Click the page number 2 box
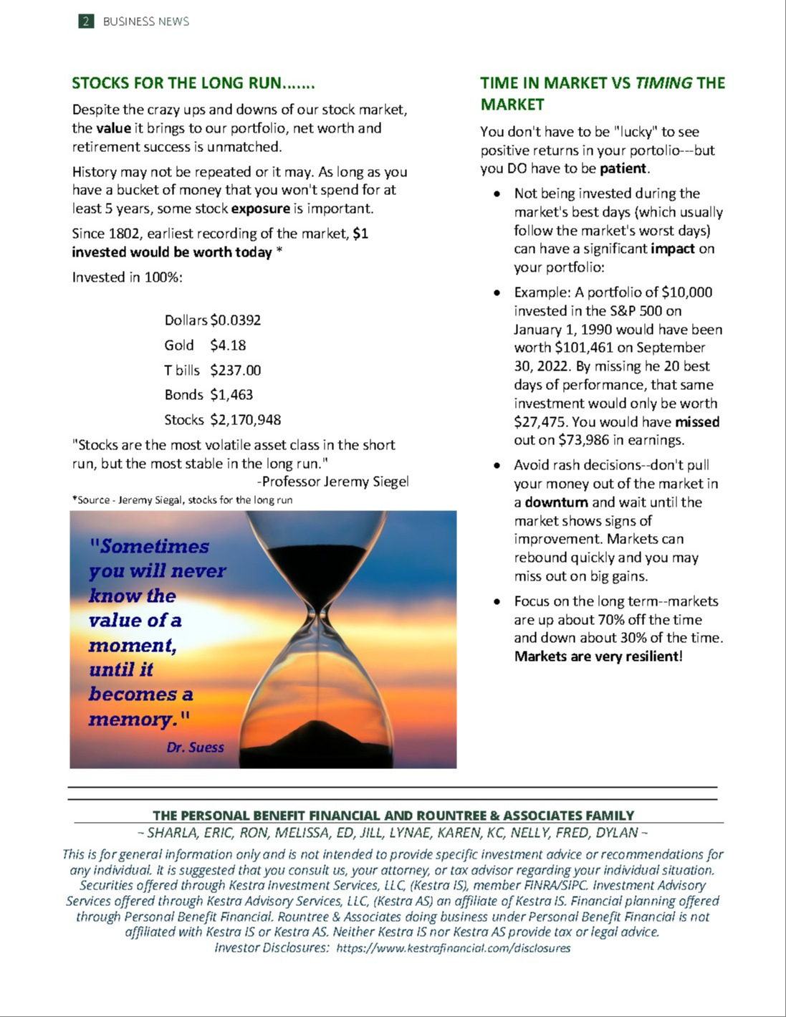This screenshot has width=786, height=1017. [x=86, y=21]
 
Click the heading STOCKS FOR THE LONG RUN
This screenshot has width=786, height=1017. [x=193, y=83]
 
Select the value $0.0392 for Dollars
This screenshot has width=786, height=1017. [x=235, y=320]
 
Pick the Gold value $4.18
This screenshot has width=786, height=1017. [x=228, y=345]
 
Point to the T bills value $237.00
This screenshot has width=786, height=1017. [x=235, y=371]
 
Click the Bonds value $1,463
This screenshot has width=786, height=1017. [x=231, y=395]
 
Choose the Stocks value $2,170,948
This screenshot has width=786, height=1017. [x=245, y=420]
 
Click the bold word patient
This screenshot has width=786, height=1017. [x=623, y=169]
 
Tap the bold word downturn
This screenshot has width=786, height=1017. [x=556, y=502]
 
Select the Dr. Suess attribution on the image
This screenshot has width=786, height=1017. [x=195, y=748]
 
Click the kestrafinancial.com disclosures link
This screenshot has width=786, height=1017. [x=453, y=948]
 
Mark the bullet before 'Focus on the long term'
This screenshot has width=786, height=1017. [x=497, y=602]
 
